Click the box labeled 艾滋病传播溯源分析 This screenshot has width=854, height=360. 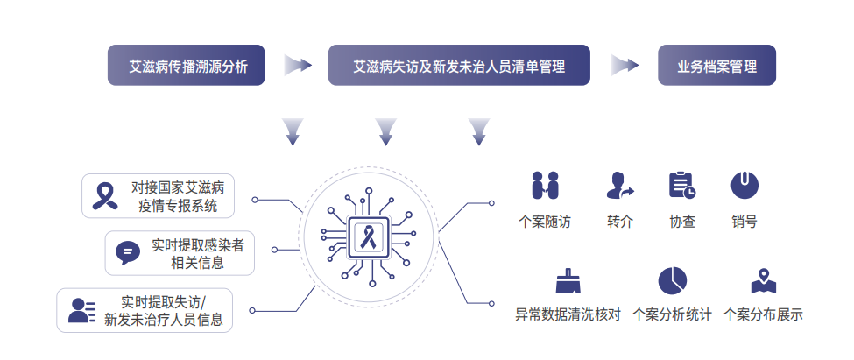click(x=186, y=66)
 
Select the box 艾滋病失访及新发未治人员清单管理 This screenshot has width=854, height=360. click(x=459, y=66)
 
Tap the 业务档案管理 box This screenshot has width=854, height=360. click(x=716, y=66)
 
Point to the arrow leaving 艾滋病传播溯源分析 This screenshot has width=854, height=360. click(x=298, y=66)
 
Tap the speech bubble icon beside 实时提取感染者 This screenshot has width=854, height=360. click(x=128, y=252)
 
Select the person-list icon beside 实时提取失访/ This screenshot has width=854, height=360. click(x=81, y=310)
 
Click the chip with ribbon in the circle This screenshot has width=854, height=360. click(x=367, y=235)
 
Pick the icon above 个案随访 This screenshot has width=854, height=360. click(x=545, y=185)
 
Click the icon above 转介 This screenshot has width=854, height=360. click(x=619, y=185)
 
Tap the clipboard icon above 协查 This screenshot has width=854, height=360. click(x=681, y=185)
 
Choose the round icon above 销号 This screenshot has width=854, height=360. click(x=745, y=185)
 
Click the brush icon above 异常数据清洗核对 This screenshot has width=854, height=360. click(x=568, y=281)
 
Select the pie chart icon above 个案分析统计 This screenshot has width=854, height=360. click(x=672, y=280)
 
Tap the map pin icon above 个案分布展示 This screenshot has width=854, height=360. click(x=763, y=280)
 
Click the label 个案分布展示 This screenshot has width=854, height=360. click(x=763, y=314)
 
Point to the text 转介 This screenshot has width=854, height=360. click(x=619, y=222)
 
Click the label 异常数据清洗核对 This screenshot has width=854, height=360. click(x=568, y=314)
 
